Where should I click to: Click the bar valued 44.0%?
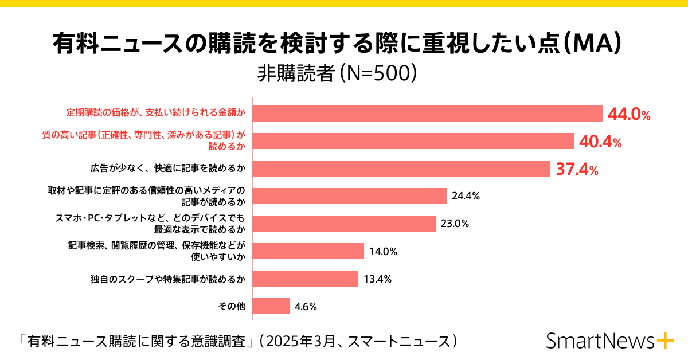[427, 114]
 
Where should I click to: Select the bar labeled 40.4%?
[413, 141]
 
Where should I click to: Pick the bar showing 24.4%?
[349, 196]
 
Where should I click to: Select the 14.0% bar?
[308, 251]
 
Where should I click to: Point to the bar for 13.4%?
[305, 279]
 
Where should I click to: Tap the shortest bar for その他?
[271, 306]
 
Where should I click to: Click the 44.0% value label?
[629, 114]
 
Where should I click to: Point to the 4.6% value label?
[306, 307]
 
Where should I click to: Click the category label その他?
[232, 307]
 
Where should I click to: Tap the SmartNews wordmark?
[600, 341]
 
